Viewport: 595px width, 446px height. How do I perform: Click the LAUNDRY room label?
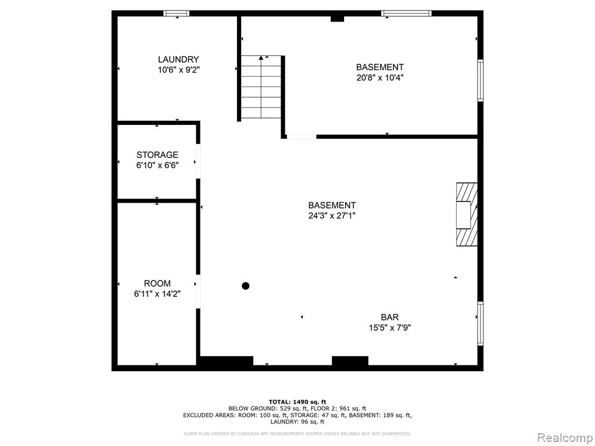tap(178, 60)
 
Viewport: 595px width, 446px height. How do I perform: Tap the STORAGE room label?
tap(157, 154)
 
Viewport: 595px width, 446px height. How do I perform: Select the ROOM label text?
tap(157, 283)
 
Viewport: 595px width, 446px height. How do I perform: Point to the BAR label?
tap(390, 317)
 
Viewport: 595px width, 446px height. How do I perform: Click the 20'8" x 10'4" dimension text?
tap(379, 78)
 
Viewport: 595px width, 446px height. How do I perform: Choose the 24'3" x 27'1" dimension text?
tap(332, 216)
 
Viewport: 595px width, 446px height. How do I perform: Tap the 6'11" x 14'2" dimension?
tap(157, 294)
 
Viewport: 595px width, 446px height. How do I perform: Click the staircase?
tap(261, 87)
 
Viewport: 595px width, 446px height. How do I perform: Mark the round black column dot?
tap(246, 286)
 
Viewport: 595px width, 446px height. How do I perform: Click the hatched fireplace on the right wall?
tap(467, 215)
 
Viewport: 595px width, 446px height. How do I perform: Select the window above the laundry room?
tap(177, 13)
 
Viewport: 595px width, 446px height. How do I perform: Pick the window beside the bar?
tap(481, 323)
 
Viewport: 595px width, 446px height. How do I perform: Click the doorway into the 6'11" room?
tap(198, 292)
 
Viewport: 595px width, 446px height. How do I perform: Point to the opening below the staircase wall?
tap(302, 136)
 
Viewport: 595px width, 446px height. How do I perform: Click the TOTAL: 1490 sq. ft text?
tap(297, 402)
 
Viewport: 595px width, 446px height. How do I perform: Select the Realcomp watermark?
tap(565, 438)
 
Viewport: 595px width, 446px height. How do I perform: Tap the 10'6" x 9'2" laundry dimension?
tap(178, 70)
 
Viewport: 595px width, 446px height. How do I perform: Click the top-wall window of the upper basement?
tap(406, 13)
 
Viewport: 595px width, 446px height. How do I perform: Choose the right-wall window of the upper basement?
tap(481, 80)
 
